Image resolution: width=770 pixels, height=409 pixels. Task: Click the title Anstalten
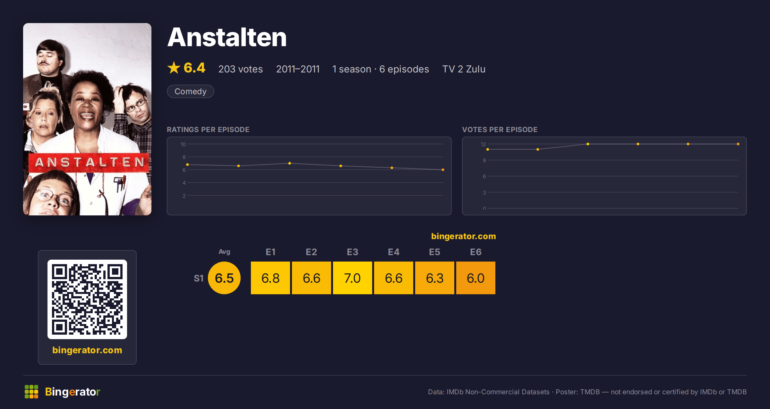click(x=227, y=37)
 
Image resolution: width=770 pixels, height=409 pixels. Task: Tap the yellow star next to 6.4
click(x=174, y=68)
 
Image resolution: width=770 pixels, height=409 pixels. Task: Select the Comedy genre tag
click(x=191, y=91)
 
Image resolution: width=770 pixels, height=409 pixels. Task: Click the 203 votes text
click(x=241, y=69)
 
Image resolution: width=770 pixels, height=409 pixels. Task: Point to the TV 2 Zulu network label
click(x=464, y=69)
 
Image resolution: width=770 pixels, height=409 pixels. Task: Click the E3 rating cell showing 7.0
click(x=353, y=278)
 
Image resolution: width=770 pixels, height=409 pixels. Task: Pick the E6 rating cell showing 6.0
click(x=476, y=278)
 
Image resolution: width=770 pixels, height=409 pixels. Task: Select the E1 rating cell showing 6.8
click(x=270, y=278)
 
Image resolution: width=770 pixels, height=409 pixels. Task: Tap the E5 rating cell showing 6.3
click(x=435, y=278)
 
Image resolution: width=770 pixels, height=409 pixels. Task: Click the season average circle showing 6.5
click(x=224, y=278)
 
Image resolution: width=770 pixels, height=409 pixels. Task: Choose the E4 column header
click(x=394, y=252)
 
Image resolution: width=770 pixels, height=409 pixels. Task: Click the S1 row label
click(x=199, y=278)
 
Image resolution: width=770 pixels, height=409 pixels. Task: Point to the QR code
click(x=87, y=299)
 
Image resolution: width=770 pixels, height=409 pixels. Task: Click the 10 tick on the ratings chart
click(x=183, y=144)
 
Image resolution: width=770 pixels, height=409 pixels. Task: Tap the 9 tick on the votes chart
click(x=484, y=160)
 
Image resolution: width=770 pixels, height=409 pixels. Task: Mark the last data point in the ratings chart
click(x=443, y=170)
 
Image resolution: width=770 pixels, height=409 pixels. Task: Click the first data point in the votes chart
click(x=488, y=149)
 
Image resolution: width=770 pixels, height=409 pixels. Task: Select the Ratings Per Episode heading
click(x=208, y=129)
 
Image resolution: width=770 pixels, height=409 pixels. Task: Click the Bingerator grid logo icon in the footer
click(x=31, y=392)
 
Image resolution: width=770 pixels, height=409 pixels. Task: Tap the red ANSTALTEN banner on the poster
click(x=89, y=163)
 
